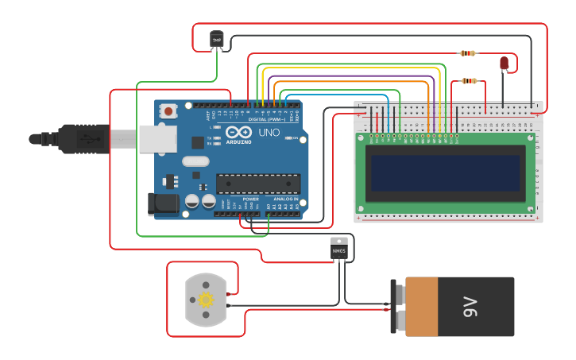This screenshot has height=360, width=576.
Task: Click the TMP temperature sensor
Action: click(216, 39)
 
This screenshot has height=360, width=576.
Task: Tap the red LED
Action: click(504, 64)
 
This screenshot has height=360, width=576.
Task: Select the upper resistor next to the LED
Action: click(469, 53)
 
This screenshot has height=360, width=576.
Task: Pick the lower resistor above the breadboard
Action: click(470, 80)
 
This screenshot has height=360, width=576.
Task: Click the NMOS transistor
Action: click(339, 249)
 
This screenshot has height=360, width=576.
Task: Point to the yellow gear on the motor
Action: click(207, 300)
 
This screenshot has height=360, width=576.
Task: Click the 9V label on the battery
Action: click(470, 306)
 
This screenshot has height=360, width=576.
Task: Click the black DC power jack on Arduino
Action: click(163, 203)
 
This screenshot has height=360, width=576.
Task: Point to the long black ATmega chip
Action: click(258, 184)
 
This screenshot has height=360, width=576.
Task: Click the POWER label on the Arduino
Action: click(240, 199)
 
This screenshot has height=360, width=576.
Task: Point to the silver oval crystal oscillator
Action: click(195, 162)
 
